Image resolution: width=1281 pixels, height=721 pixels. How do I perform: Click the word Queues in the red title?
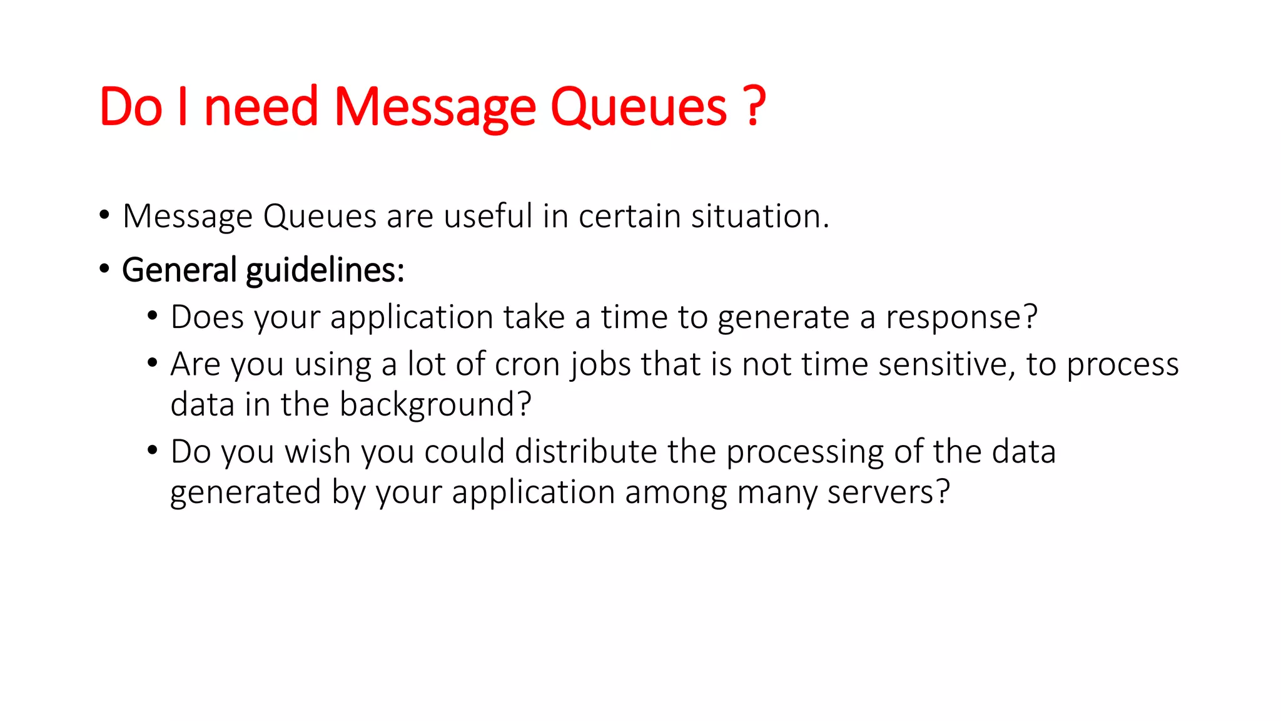[x=638, y=108]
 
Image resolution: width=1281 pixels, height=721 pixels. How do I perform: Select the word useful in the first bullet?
[x=488, y=216]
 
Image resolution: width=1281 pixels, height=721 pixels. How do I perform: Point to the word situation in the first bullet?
[x=759, y=216]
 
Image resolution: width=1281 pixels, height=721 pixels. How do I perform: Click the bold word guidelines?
[x=325, y=270]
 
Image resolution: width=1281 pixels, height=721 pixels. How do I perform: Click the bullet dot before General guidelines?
[x=104, y=269]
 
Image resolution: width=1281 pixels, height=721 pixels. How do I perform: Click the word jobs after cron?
[x=601, y=364]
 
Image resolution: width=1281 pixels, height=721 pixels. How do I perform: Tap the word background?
[x=435, y=404]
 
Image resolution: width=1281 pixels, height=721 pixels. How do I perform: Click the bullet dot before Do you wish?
[x=153, y=450]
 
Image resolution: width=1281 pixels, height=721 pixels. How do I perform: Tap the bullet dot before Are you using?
[x=153, y=362]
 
